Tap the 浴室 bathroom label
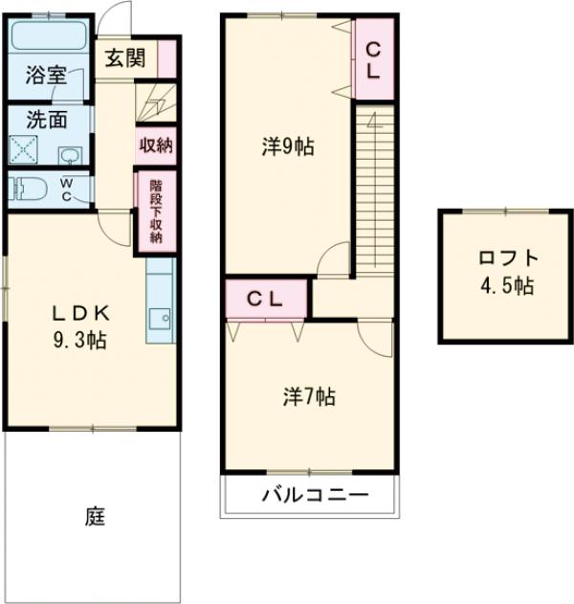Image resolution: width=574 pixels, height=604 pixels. [46, 75]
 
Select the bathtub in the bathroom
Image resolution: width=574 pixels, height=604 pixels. [49, 35]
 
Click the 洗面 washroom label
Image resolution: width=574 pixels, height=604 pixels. [47, 120]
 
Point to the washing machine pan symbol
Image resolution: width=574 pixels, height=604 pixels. [24, 149]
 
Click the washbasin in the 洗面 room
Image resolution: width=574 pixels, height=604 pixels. [70, 156]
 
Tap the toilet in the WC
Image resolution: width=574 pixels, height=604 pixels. [28, 189]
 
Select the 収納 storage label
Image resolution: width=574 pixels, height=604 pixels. [156, 145]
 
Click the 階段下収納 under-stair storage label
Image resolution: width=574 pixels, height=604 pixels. [156, 212]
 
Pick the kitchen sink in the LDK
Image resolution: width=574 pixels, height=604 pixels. [160, 318]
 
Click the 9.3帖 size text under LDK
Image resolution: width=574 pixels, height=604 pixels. [79, 340]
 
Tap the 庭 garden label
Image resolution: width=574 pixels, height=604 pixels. [95, 516]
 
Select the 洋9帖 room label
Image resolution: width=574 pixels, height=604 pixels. [288, 146]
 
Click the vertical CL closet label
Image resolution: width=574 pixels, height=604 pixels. [373, 61]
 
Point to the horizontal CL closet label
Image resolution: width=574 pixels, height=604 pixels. [265, 300]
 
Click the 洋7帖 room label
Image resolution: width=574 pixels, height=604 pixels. [309, 396]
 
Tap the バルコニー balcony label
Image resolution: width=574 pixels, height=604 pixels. [315, 495]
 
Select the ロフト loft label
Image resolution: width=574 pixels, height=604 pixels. [508, 257]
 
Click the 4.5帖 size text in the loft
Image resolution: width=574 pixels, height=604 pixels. [507, 286]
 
